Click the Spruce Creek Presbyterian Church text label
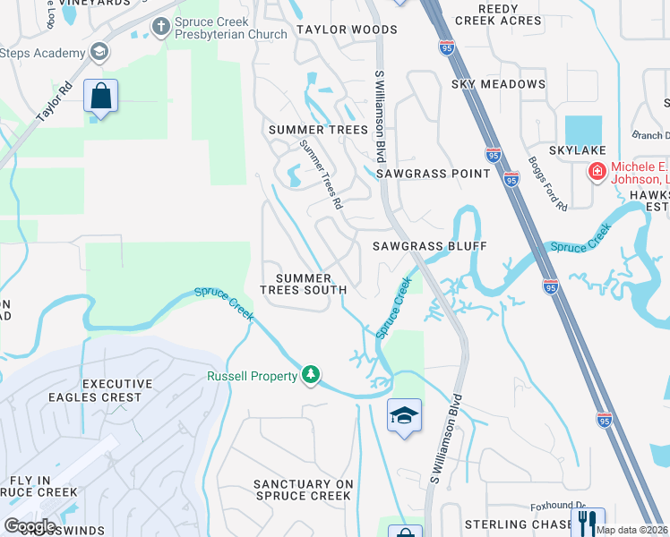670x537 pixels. (x=231, y=27)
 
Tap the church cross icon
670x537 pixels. (x=160, y=27)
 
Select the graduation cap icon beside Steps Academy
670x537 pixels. (x=99, y=52)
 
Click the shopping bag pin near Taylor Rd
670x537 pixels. (x=100, y=96)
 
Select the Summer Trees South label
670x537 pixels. (x=304, y=284)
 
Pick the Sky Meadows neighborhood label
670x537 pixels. (x=498, y=84)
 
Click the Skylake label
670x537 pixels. (x=579, y=150)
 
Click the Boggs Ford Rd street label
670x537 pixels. (x=548, y=184)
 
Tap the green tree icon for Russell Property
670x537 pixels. (x=311, y=375)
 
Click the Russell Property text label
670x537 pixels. (x=253, y=377)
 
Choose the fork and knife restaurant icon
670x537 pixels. (x=588, y=522)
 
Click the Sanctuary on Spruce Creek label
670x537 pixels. (x=304, y=490)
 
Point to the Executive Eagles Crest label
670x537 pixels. (x=112, y=390)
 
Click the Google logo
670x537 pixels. (x=30, y=525)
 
